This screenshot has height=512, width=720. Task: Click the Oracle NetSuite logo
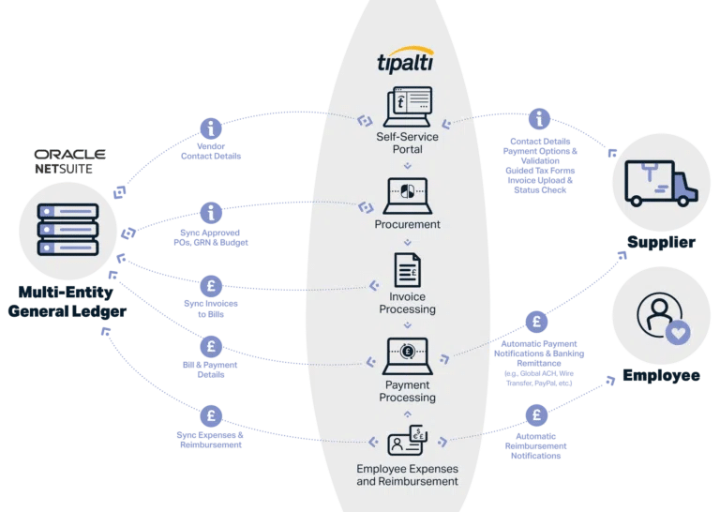click(70, 160)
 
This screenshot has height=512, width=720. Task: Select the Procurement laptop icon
click(407, 196)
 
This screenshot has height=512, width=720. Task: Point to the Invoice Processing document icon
click(407, 272)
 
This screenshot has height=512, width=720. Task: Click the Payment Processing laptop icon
click(407, 355)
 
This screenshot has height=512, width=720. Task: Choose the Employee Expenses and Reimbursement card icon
click(407, 441)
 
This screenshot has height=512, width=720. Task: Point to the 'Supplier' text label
click(661, 243)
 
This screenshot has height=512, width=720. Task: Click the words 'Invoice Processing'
click(407, 302)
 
